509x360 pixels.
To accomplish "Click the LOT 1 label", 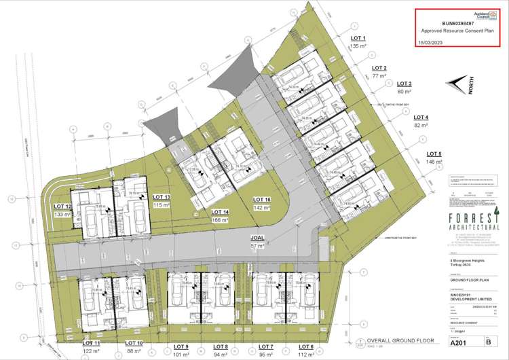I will click(x=358, y=39).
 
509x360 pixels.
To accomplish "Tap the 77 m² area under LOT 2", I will click(x=377, y=77).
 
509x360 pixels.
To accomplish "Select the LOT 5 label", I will click(x=434, y=154).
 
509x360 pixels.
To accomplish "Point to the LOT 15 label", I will click(x=262, y=200).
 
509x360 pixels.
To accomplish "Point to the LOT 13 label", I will click(x=162, y=197).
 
